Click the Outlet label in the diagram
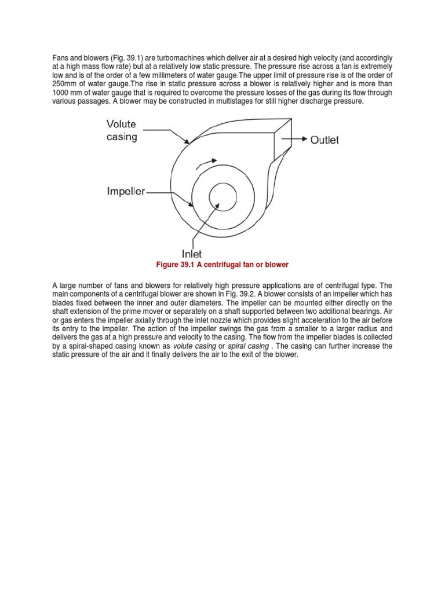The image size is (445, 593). click(x=324, y=140)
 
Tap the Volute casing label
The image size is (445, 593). click(x=122, y=130)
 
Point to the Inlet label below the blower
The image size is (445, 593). click(x=192, y=253)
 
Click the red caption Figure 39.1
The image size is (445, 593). click(x=222, y=265)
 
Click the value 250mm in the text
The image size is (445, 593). click(x=68, y=84)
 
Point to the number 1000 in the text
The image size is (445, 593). click(x=63, y=93)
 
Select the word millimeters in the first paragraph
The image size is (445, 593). click(x=195, y=75)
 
